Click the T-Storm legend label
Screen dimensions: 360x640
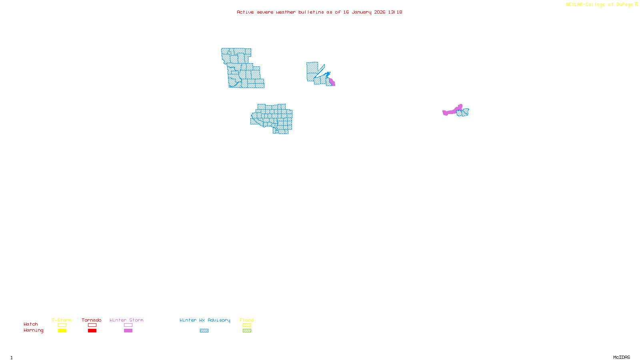(x=62, y=320)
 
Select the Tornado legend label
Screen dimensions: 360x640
(x=92, y=320)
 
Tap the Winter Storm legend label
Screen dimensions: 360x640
(x=126, y=320)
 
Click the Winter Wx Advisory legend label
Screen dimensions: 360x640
(x=205, y=320)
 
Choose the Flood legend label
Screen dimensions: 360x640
(x=247, y=320)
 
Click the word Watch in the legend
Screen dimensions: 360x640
(x=31, y=324)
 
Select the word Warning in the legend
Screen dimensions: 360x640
(x=33, y=330)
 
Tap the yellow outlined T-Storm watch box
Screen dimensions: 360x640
(x=62, y=325)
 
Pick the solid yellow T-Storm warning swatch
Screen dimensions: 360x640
(x=62, y=331)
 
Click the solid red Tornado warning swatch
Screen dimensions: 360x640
(x=92, y=331)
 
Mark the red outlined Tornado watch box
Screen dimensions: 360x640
(x=92, y=325)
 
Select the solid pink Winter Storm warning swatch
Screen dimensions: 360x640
(x=128, y=331)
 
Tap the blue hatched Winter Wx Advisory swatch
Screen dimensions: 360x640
(x=204, y=331)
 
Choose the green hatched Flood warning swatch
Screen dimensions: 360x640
(x=247, y=331)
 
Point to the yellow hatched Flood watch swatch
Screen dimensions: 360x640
(x=247, y=325)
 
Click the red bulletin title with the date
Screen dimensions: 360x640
(x=319, y=12)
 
